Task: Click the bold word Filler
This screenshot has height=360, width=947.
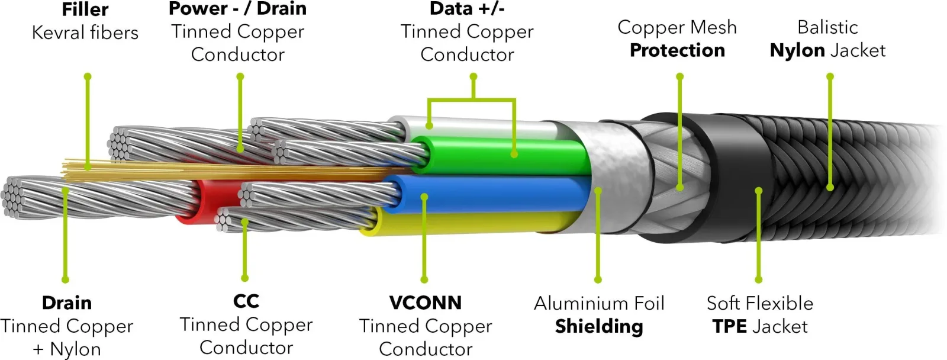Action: tap(85, 9)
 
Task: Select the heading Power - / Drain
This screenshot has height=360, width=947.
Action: tap(237, 8)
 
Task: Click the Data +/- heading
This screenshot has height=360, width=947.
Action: tap(467, 8)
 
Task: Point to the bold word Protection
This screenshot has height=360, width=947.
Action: tap(677, 50)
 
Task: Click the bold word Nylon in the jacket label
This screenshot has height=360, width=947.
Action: tap(797, 50)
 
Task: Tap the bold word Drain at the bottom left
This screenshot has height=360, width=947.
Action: tap(67, 303)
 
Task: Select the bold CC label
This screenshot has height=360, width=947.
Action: tap(246, 301)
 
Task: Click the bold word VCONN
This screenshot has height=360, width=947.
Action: tap(426, 303)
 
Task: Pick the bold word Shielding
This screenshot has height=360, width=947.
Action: tap(599, 326)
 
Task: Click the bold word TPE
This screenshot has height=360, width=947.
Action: tap(730, 326)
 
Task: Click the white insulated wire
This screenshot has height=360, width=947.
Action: tap(478, 126)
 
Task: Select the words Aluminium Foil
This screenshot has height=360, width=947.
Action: tap(599, 303)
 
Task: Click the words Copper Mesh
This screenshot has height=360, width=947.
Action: tap(677, 27)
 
